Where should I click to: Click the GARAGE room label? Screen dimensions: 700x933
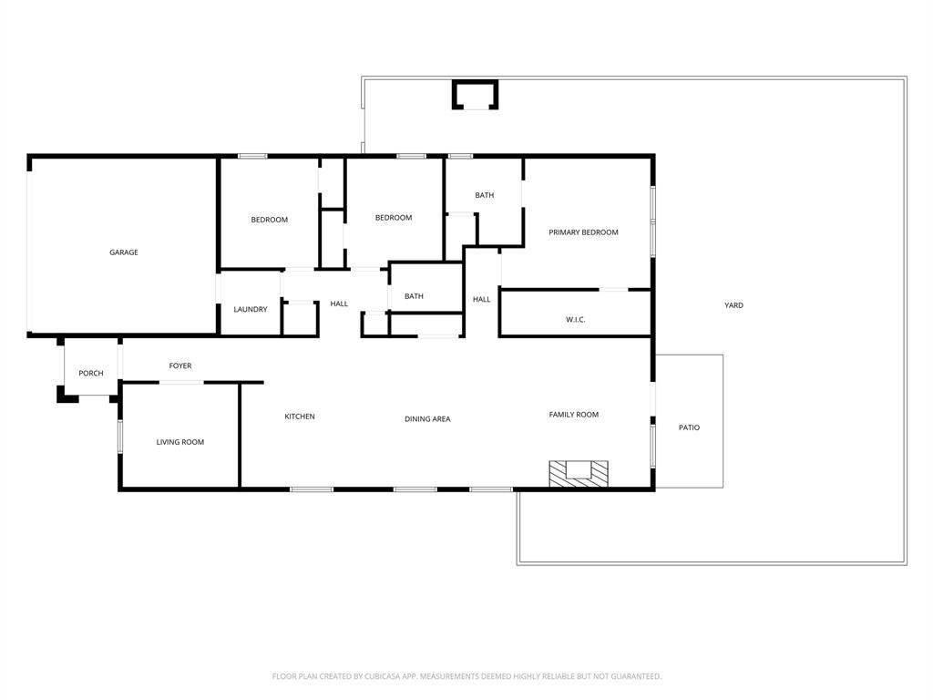124,252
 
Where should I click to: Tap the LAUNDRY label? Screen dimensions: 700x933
251,310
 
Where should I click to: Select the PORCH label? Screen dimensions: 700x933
91,374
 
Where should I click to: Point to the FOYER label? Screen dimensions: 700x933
180,366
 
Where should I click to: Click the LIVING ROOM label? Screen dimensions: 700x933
180,443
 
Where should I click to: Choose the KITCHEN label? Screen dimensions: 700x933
300,417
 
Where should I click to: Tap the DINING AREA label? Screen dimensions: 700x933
427,419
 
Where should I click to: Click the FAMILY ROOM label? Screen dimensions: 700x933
573,415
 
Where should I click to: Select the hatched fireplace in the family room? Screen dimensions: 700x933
578,473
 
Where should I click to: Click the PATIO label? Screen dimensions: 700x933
690,427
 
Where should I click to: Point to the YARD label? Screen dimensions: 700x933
733,305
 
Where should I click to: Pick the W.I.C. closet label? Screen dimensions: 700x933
575,320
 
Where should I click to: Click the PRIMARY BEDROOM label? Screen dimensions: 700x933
583,232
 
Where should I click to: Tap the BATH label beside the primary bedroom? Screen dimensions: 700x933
484,195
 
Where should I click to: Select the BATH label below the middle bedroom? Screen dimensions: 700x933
414,296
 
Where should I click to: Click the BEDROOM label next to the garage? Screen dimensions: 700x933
270,220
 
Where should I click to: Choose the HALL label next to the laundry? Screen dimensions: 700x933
339,304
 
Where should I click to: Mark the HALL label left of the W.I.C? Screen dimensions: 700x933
481,299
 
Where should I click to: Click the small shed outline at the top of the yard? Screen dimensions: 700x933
475,95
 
